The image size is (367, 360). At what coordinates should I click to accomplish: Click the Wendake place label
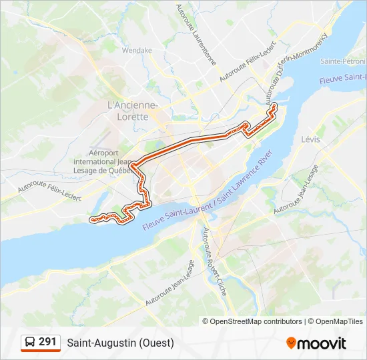pos(137,50)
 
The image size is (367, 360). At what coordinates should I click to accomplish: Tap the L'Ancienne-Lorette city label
pos(132,111)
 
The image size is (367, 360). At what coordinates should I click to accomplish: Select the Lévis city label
pos(310,139)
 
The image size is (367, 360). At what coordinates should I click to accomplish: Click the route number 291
pos(47,342)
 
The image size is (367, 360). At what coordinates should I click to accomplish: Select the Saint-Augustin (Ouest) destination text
pos(120,343)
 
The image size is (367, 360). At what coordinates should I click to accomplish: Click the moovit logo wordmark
pos(322,343)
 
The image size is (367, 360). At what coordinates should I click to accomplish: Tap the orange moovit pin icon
pos(291,343)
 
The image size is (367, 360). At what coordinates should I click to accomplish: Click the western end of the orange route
pos(92,218)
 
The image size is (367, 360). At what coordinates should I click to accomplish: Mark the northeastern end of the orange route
pos(274,105)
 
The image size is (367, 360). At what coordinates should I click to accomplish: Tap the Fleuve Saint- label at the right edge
pos(344,78)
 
